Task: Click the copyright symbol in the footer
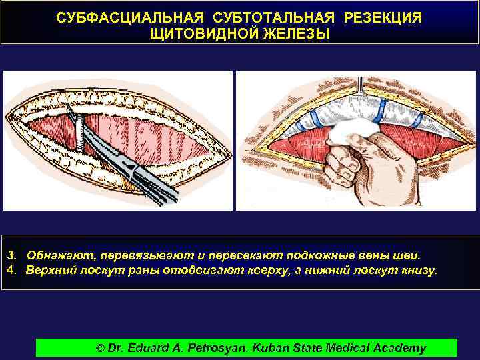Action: [101, 348]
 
